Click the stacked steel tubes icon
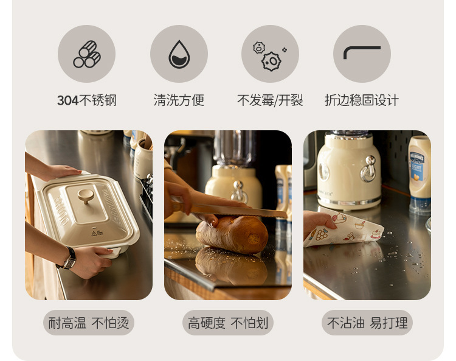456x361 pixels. tap(87, 54)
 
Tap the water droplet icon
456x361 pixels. tap(179, 54)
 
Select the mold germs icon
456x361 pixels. tap(269, 56)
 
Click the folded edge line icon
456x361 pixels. tap(362, 52)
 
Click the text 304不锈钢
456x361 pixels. tap(87, 100)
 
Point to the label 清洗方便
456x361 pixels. tap(179, 100)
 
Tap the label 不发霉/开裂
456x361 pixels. tap(270, 100)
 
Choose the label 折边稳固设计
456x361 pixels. tap(362, 100)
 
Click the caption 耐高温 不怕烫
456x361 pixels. tap(88, 323)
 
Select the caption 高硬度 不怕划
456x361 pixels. tap(228, 323)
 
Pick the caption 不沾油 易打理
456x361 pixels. tap(367, 323)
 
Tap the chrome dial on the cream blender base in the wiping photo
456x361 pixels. tap(368, 168)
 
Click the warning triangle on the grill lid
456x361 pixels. tap(94, 234)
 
